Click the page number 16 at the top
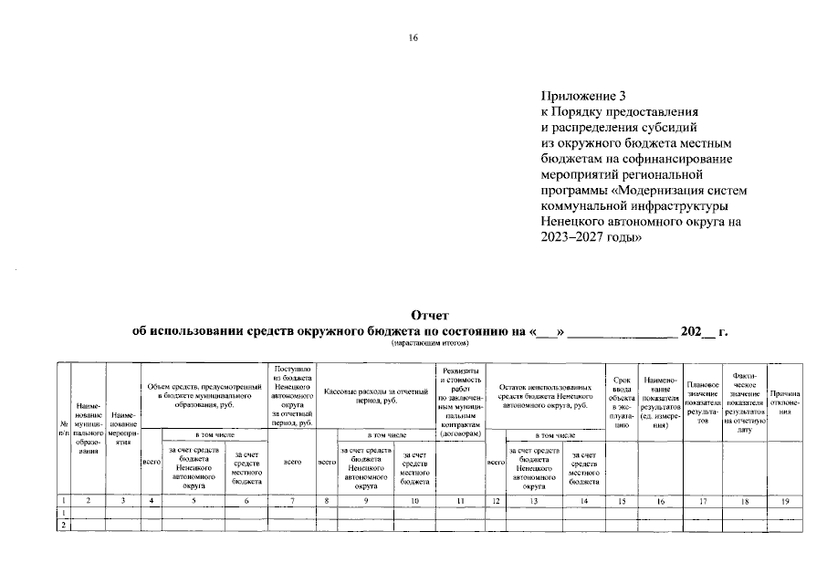click(x=413, y=38)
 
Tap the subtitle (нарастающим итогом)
click(x=431, y=344)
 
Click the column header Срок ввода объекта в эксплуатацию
click(x=621, y=402)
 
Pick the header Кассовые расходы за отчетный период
click(x=376, y=395)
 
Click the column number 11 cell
click(x=460, y=500)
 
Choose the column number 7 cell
click(x=292, y=500)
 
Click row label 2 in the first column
click(x=63, y=526)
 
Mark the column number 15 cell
click(x=621, y=500)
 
